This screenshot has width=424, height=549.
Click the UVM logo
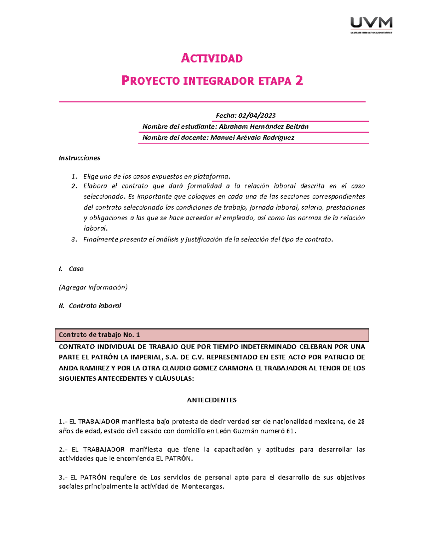(x=371, y=24)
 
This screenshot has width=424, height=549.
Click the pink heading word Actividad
(x=212, y=58)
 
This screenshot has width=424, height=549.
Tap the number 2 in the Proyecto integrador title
(x=299, y=81)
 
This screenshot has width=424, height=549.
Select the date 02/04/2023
(x=257, y=116)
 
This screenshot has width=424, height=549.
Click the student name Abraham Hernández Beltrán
(x=264, y=127)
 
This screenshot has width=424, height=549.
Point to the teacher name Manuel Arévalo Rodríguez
(x=252, y=138)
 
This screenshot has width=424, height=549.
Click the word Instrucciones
(x=79, y=158)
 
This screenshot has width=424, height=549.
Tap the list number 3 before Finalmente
(x=73, y=239)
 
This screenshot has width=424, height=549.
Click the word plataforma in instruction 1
(x=212, y=176)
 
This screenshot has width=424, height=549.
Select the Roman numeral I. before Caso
(x=60, y=269)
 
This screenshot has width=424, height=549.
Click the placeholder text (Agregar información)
(x=93, y=287)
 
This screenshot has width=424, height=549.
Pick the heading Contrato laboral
(x=95, y=306)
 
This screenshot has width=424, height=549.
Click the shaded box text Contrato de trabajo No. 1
(x=99, y=335)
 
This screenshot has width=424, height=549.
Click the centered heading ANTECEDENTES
(x=212, y=400)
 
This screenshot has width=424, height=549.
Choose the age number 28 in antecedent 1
(x=361, y=422)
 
